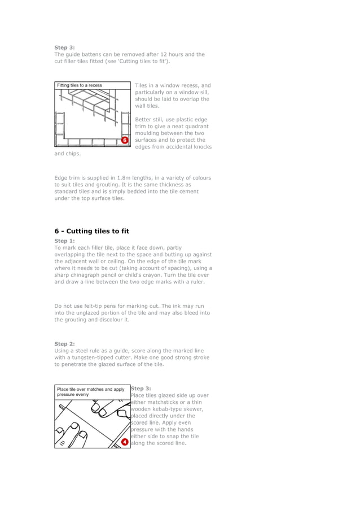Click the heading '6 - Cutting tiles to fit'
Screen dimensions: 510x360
(91, 231)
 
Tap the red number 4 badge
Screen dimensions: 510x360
(125, 442)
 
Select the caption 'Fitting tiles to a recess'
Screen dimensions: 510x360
(80, 85)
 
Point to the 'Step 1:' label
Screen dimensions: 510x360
(64, 241)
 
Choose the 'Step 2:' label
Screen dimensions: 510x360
(64, 343)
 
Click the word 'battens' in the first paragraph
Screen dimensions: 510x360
(92, 54)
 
